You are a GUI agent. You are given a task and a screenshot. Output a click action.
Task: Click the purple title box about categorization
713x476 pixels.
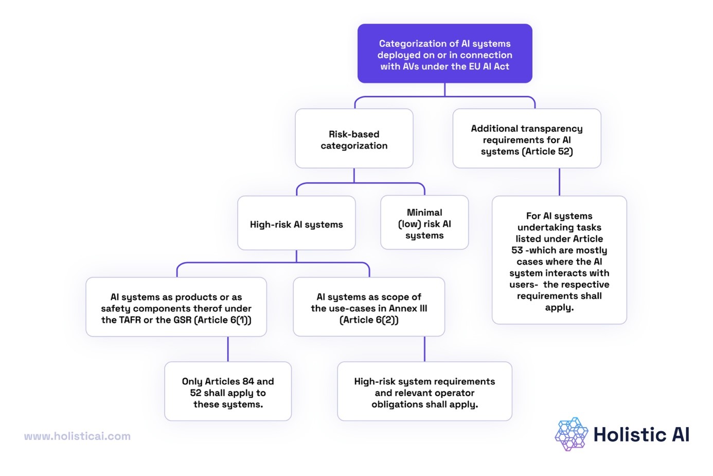click(444, 54)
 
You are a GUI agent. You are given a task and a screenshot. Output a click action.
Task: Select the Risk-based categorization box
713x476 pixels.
click(354, 139)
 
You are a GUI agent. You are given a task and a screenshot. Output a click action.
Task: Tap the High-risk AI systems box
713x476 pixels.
click(296, 224)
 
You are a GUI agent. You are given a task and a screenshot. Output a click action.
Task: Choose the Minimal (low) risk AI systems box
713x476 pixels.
click(424, 223)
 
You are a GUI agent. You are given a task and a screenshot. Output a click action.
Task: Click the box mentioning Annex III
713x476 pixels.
click(369, 308)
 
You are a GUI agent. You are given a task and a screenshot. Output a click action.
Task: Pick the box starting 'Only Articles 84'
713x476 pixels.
click(228, 392)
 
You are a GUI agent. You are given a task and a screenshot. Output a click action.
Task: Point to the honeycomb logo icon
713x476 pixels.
click(571, 434)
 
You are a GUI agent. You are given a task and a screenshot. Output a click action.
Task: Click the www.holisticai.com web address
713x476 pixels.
click(77, 436)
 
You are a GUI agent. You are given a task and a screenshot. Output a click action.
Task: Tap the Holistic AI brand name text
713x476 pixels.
click(641, 435)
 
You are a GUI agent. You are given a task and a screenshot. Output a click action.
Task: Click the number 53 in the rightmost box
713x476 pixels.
click(517, 250)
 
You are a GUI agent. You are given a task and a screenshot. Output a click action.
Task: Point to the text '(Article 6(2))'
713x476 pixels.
click(369, 320)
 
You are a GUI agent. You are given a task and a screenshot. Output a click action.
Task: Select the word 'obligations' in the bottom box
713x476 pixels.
click(398, 404)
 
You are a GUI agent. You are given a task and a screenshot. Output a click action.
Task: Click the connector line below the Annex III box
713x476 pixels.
click(424, 349)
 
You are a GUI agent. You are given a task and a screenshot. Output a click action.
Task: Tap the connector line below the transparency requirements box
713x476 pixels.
click(559, 182)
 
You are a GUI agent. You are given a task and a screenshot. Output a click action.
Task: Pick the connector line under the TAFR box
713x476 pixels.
click(228, 349)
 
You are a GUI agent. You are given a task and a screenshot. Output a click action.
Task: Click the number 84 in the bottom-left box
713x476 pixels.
click(248, 381)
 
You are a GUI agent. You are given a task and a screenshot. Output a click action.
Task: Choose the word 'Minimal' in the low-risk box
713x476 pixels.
click(424, 212)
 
